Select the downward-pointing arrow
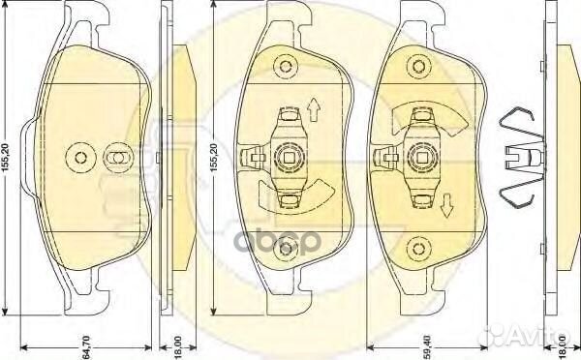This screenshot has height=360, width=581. [447, 204]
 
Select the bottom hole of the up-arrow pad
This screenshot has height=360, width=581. [286, 249]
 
